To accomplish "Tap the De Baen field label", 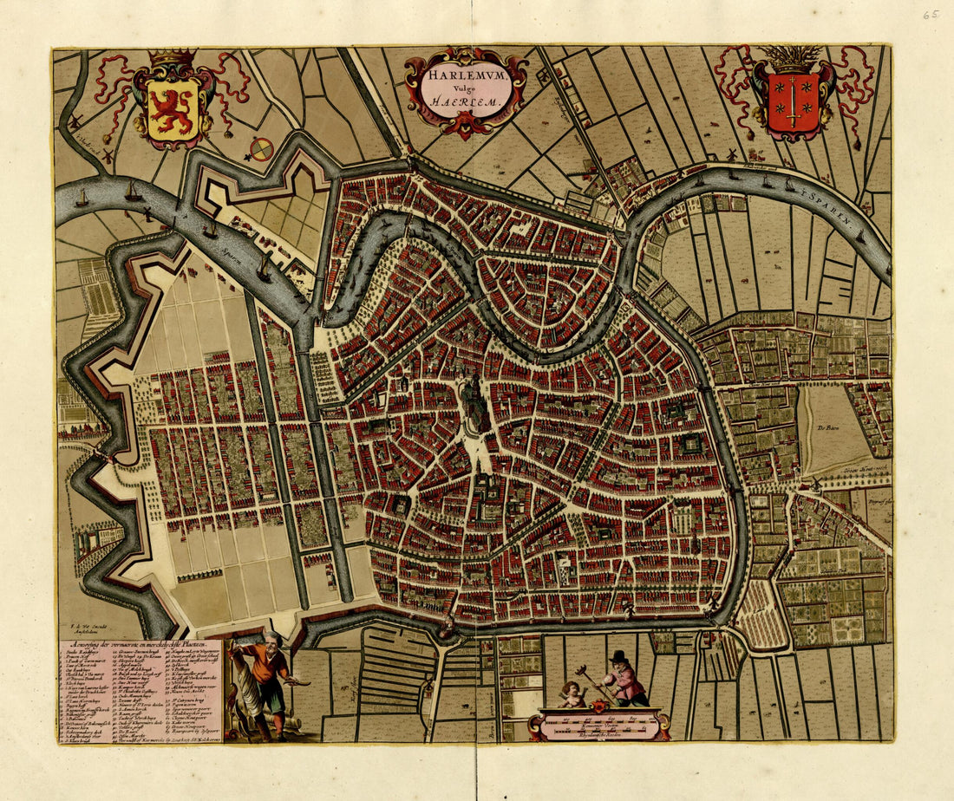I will pyautogui.click(x=825, y=427).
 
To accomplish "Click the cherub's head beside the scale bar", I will pyautogui.click(x=571, y=690).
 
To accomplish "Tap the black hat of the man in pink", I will pyautogui.click(x=618, y=656).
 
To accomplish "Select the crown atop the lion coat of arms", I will pyautogui.click(x=173, y=57).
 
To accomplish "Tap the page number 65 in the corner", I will pyautogui.click(x=931, y=15).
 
